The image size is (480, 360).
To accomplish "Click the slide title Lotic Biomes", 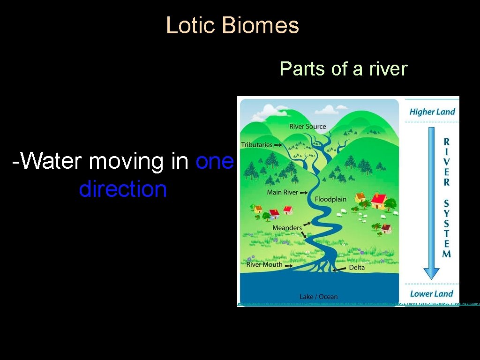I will tap(232, 25).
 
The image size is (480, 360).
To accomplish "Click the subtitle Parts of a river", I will tap(344, 69).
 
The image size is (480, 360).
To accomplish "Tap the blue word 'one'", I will tap(214, 162).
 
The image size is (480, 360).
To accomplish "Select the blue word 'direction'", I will tap(123, 189).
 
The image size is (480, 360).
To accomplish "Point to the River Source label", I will tap(307, 127).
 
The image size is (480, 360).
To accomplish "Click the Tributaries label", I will tap(256, 145).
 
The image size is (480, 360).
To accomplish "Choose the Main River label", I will tap(282, 193).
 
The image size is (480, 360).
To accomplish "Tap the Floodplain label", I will tap(330, 199).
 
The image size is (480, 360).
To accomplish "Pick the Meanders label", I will tap(287, 228).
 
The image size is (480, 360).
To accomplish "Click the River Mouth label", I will tap(264, 264).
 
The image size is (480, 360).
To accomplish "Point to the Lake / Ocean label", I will tap(318, 297).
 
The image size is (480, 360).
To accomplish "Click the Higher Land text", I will tap(432, 112).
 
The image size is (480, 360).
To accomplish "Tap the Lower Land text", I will tap(431, 294).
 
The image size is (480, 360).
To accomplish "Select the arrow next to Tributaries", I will tap(278, 145).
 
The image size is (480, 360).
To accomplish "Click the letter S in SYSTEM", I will tap(447, 203).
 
